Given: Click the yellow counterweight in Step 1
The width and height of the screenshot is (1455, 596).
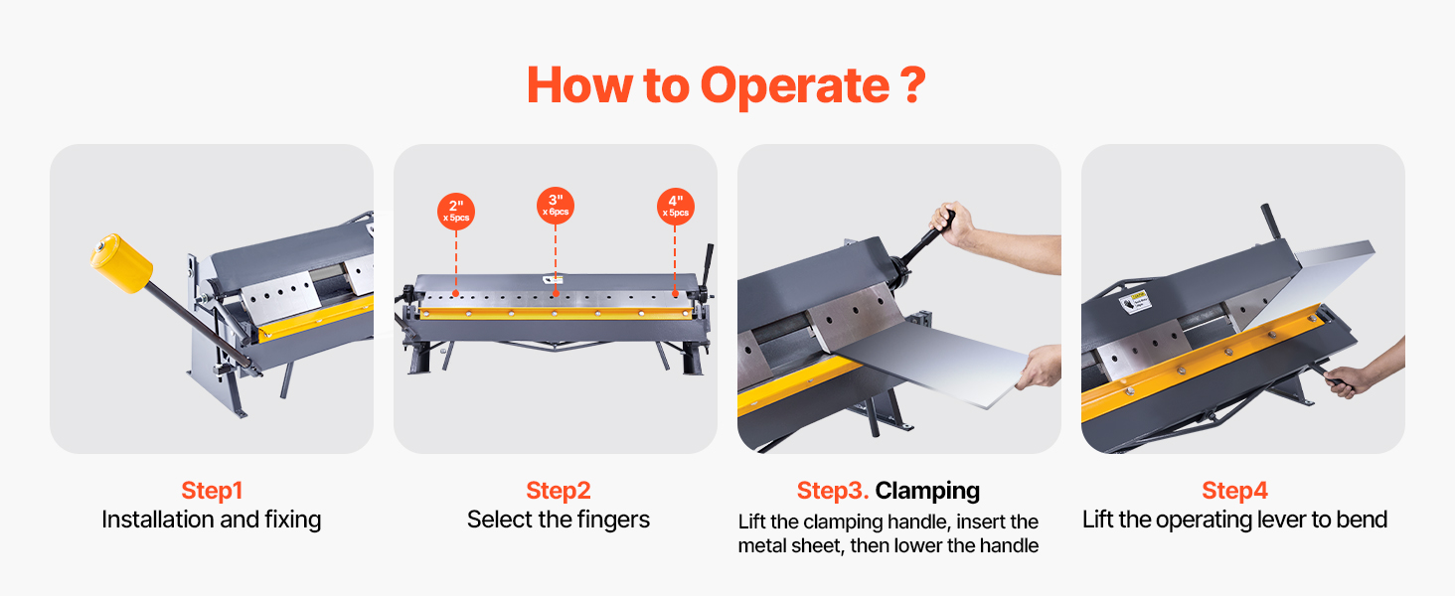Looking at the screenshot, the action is pos(121,262).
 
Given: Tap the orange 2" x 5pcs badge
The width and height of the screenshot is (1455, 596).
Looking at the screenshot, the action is pos(456,212).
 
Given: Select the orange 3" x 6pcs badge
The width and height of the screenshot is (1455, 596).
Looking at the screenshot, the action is pos(556,206).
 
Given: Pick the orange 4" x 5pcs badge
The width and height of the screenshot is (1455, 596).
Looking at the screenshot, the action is pos(676,207).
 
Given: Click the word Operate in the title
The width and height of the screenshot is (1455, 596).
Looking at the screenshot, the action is pos(794,85).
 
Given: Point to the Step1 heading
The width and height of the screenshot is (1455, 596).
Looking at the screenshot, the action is pos(212,490).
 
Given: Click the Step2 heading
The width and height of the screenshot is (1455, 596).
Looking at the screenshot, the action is pos(558,490).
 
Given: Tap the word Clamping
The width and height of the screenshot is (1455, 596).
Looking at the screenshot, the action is pos(927,491).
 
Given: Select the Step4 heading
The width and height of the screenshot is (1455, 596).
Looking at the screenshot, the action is pos(1234,490).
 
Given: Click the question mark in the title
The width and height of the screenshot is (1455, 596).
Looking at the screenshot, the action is pos(913,84).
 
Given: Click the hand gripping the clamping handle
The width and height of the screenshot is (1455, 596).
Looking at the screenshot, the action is pos(951,223).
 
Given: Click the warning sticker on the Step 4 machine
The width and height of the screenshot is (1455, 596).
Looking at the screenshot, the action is pos(1136,303).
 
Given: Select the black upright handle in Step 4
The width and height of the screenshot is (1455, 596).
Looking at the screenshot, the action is pos(1271,223).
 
